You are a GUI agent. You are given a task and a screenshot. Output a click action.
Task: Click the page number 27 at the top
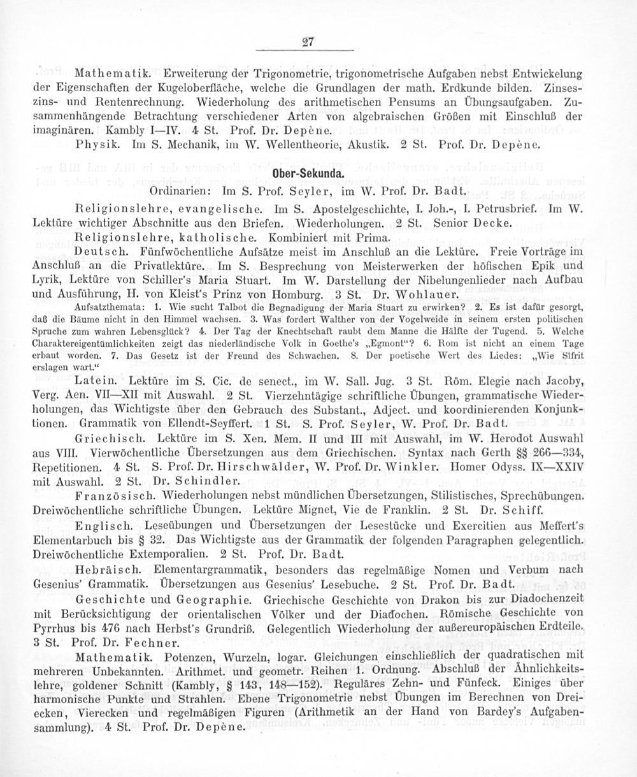(308, 43)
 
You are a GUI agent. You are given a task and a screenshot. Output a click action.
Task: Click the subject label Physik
(94, 145)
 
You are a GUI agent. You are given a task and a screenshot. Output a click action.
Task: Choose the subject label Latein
(95, 381)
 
